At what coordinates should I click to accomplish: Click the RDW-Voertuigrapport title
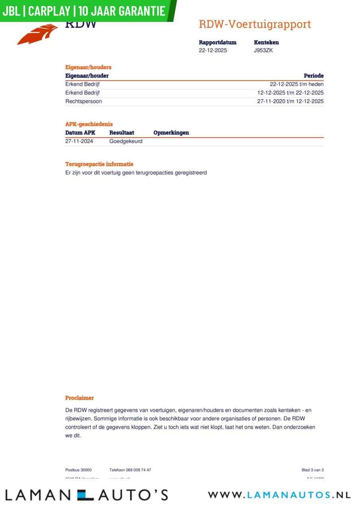[x=254, y=24]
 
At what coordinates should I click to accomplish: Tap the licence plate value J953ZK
[x=263, y=51]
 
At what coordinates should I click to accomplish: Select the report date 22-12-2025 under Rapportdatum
[x=213, y=51]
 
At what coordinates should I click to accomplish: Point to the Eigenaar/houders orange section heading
[x=88, y=67]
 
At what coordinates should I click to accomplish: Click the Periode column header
[x=313, y=76]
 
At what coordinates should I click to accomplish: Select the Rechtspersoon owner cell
[x=84, y=101]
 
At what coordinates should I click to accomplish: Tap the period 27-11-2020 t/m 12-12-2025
[x=290, y=101]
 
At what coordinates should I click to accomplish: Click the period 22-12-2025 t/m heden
[x=297, y=84]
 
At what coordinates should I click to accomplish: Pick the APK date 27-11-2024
[x=79, y=141]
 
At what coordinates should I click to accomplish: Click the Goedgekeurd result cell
[x=126, y=141]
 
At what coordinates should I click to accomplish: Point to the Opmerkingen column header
[x=171, y=133]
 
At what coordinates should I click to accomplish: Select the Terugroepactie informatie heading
[x=99, y=164]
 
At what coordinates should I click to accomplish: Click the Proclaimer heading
[x=80, y=398]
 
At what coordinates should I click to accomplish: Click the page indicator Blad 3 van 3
[x=312, y=470]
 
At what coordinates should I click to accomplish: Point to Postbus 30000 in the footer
[x=78, y=470]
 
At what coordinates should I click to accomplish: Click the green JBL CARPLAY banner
[x=86, y=10]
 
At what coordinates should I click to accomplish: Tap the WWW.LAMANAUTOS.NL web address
[x=279, y=495]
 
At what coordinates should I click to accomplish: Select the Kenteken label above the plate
[x=266, y=42]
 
